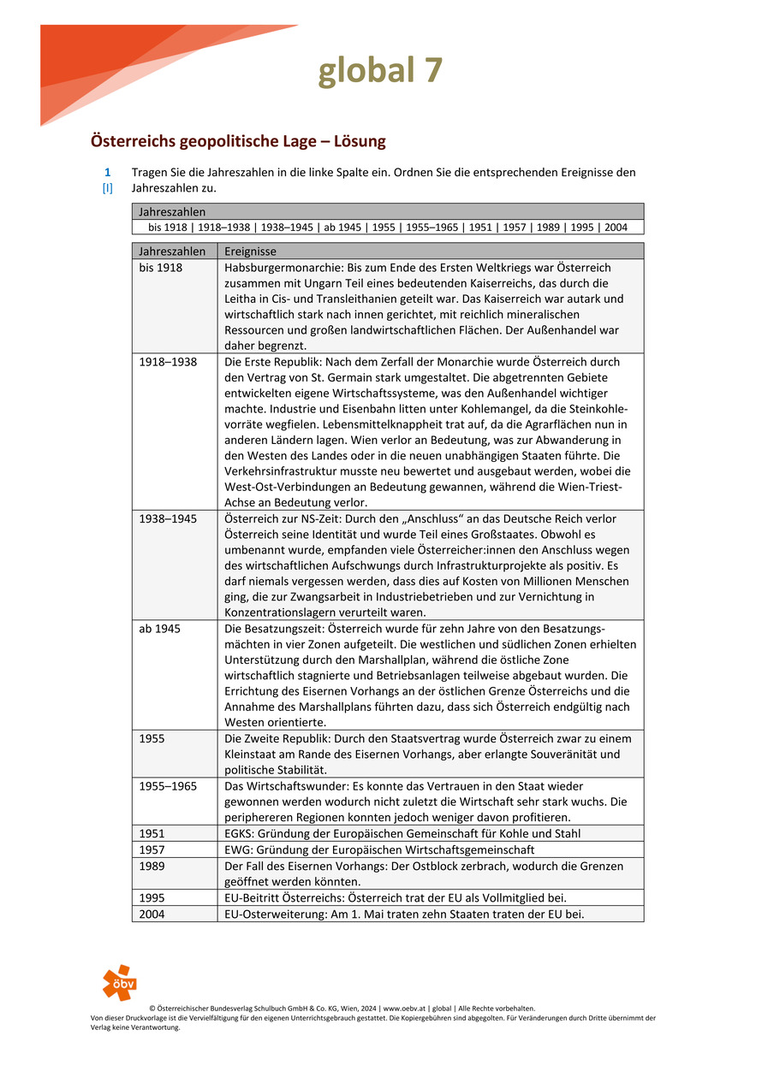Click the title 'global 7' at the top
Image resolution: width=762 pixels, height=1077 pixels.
pos(380,71)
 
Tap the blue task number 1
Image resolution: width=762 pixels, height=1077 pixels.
pos(107,172)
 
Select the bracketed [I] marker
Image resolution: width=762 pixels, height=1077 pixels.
pos(107,188)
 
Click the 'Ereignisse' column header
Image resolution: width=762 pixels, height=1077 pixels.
pos(250,251)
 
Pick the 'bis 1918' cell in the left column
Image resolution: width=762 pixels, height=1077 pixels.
pos(161,268)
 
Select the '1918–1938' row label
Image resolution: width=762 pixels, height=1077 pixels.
pos(168,362)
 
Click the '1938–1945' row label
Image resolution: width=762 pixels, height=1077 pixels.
pos(168,518)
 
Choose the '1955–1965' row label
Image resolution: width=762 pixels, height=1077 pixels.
pos(168,785)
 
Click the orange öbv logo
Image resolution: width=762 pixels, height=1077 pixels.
pos(119,982)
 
